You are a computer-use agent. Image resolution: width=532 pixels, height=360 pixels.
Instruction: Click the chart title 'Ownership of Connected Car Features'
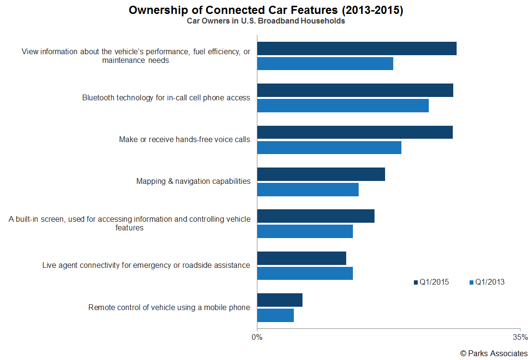266,11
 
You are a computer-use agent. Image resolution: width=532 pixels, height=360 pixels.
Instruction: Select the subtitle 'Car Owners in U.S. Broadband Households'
266,22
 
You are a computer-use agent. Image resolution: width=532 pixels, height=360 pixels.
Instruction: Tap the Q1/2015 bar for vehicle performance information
357,49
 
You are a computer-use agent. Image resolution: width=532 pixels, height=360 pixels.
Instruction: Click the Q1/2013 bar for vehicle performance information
325,64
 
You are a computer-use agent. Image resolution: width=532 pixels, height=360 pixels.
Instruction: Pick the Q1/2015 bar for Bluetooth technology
355,91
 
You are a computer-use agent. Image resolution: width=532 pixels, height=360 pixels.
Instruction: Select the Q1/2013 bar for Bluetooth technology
343,106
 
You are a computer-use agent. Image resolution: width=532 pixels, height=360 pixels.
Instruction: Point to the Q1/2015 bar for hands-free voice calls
355,132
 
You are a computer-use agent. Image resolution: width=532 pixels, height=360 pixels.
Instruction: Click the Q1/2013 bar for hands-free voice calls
329,147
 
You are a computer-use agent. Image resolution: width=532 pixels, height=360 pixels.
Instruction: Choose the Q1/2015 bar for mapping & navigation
321,174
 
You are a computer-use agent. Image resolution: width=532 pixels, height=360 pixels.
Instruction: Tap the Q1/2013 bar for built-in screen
305,231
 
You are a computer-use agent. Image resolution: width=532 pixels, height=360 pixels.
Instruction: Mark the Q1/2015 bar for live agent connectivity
302,258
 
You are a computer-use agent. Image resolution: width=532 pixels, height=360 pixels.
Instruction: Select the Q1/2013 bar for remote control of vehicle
276,315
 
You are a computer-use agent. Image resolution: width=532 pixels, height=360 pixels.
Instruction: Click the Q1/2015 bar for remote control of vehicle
280,300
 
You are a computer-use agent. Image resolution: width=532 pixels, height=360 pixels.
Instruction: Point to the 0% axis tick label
257,337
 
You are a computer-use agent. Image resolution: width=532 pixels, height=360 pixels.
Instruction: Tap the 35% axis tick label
520,337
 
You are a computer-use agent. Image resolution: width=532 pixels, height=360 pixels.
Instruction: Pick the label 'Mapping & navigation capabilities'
193,181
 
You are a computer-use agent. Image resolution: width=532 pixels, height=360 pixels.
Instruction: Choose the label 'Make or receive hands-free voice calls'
184,140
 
